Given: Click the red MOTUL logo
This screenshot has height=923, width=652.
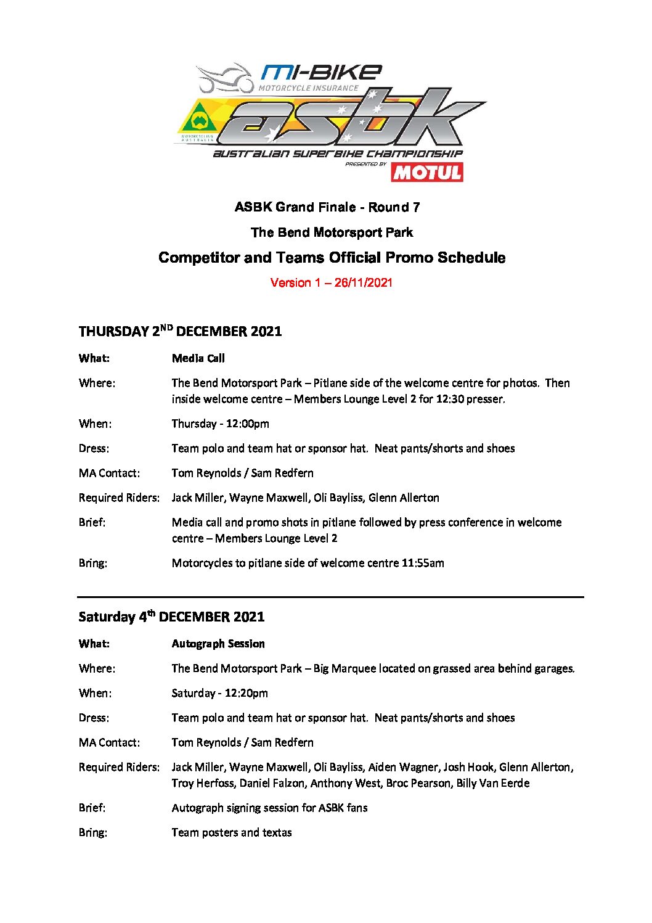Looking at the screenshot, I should click(426, 172).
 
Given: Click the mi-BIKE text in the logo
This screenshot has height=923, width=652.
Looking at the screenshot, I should click(320, 73).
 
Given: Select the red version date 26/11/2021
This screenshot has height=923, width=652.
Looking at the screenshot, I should click(363, 283).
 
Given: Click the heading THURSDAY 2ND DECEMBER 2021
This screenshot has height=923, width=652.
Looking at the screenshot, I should click(180, 331).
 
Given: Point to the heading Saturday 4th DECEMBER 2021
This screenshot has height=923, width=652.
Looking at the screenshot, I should click(171, 617).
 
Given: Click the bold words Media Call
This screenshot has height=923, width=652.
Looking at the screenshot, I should click(198, 358).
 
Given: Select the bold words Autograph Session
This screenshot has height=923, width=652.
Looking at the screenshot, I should click(218, 644).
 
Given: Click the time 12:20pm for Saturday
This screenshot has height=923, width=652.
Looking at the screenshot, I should click(246, 693).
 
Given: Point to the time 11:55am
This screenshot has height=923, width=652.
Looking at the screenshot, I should click(422, 563).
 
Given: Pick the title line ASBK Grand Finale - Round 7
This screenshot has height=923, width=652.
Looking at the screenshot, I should click(327, 207).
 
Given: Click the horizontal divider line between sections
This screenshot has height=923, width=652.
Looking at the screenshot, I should click(330, 597).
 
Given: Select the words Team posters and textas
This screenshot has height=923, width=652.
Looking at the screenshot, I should click(232, 832).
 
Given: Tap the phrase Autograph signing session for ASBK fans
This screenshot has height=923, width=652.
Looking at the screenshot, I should click(269, 808).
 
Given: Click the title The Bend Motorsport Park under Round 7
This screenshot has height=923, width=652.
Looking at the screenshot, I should click(332, 232).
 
